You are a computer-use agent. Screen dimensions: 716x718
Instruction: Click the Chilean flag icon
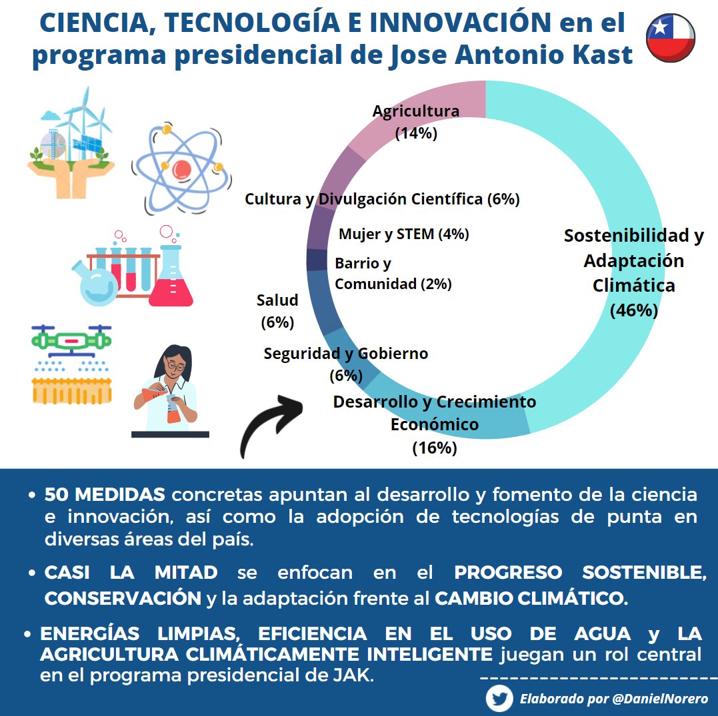pos(671,38)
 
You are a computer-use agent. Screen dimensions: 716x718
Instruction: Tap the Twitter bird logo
pos(499,699)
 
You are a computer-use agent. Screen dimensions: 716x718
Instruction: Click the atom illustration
pos(181,167)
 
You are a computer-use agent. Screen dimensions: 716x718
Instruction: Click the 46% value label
pos(634,310)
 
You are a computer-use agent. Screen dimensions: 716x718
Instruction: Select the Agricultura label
pos(415,111)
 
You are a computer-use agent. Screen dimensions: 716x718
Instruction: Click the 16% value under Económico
pos(434,448)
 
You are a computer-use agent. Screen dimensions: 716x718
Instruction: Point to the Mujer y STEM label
pos(404,234)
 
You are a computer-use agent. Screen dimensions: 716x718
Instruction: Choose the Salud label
pos(277,300)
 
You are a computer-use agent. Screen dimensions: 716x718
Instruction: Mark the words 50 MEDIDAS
pos(105,495)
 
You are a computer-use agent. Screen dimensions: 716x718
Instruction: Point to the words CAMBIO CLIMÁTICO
pos(531,598)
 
